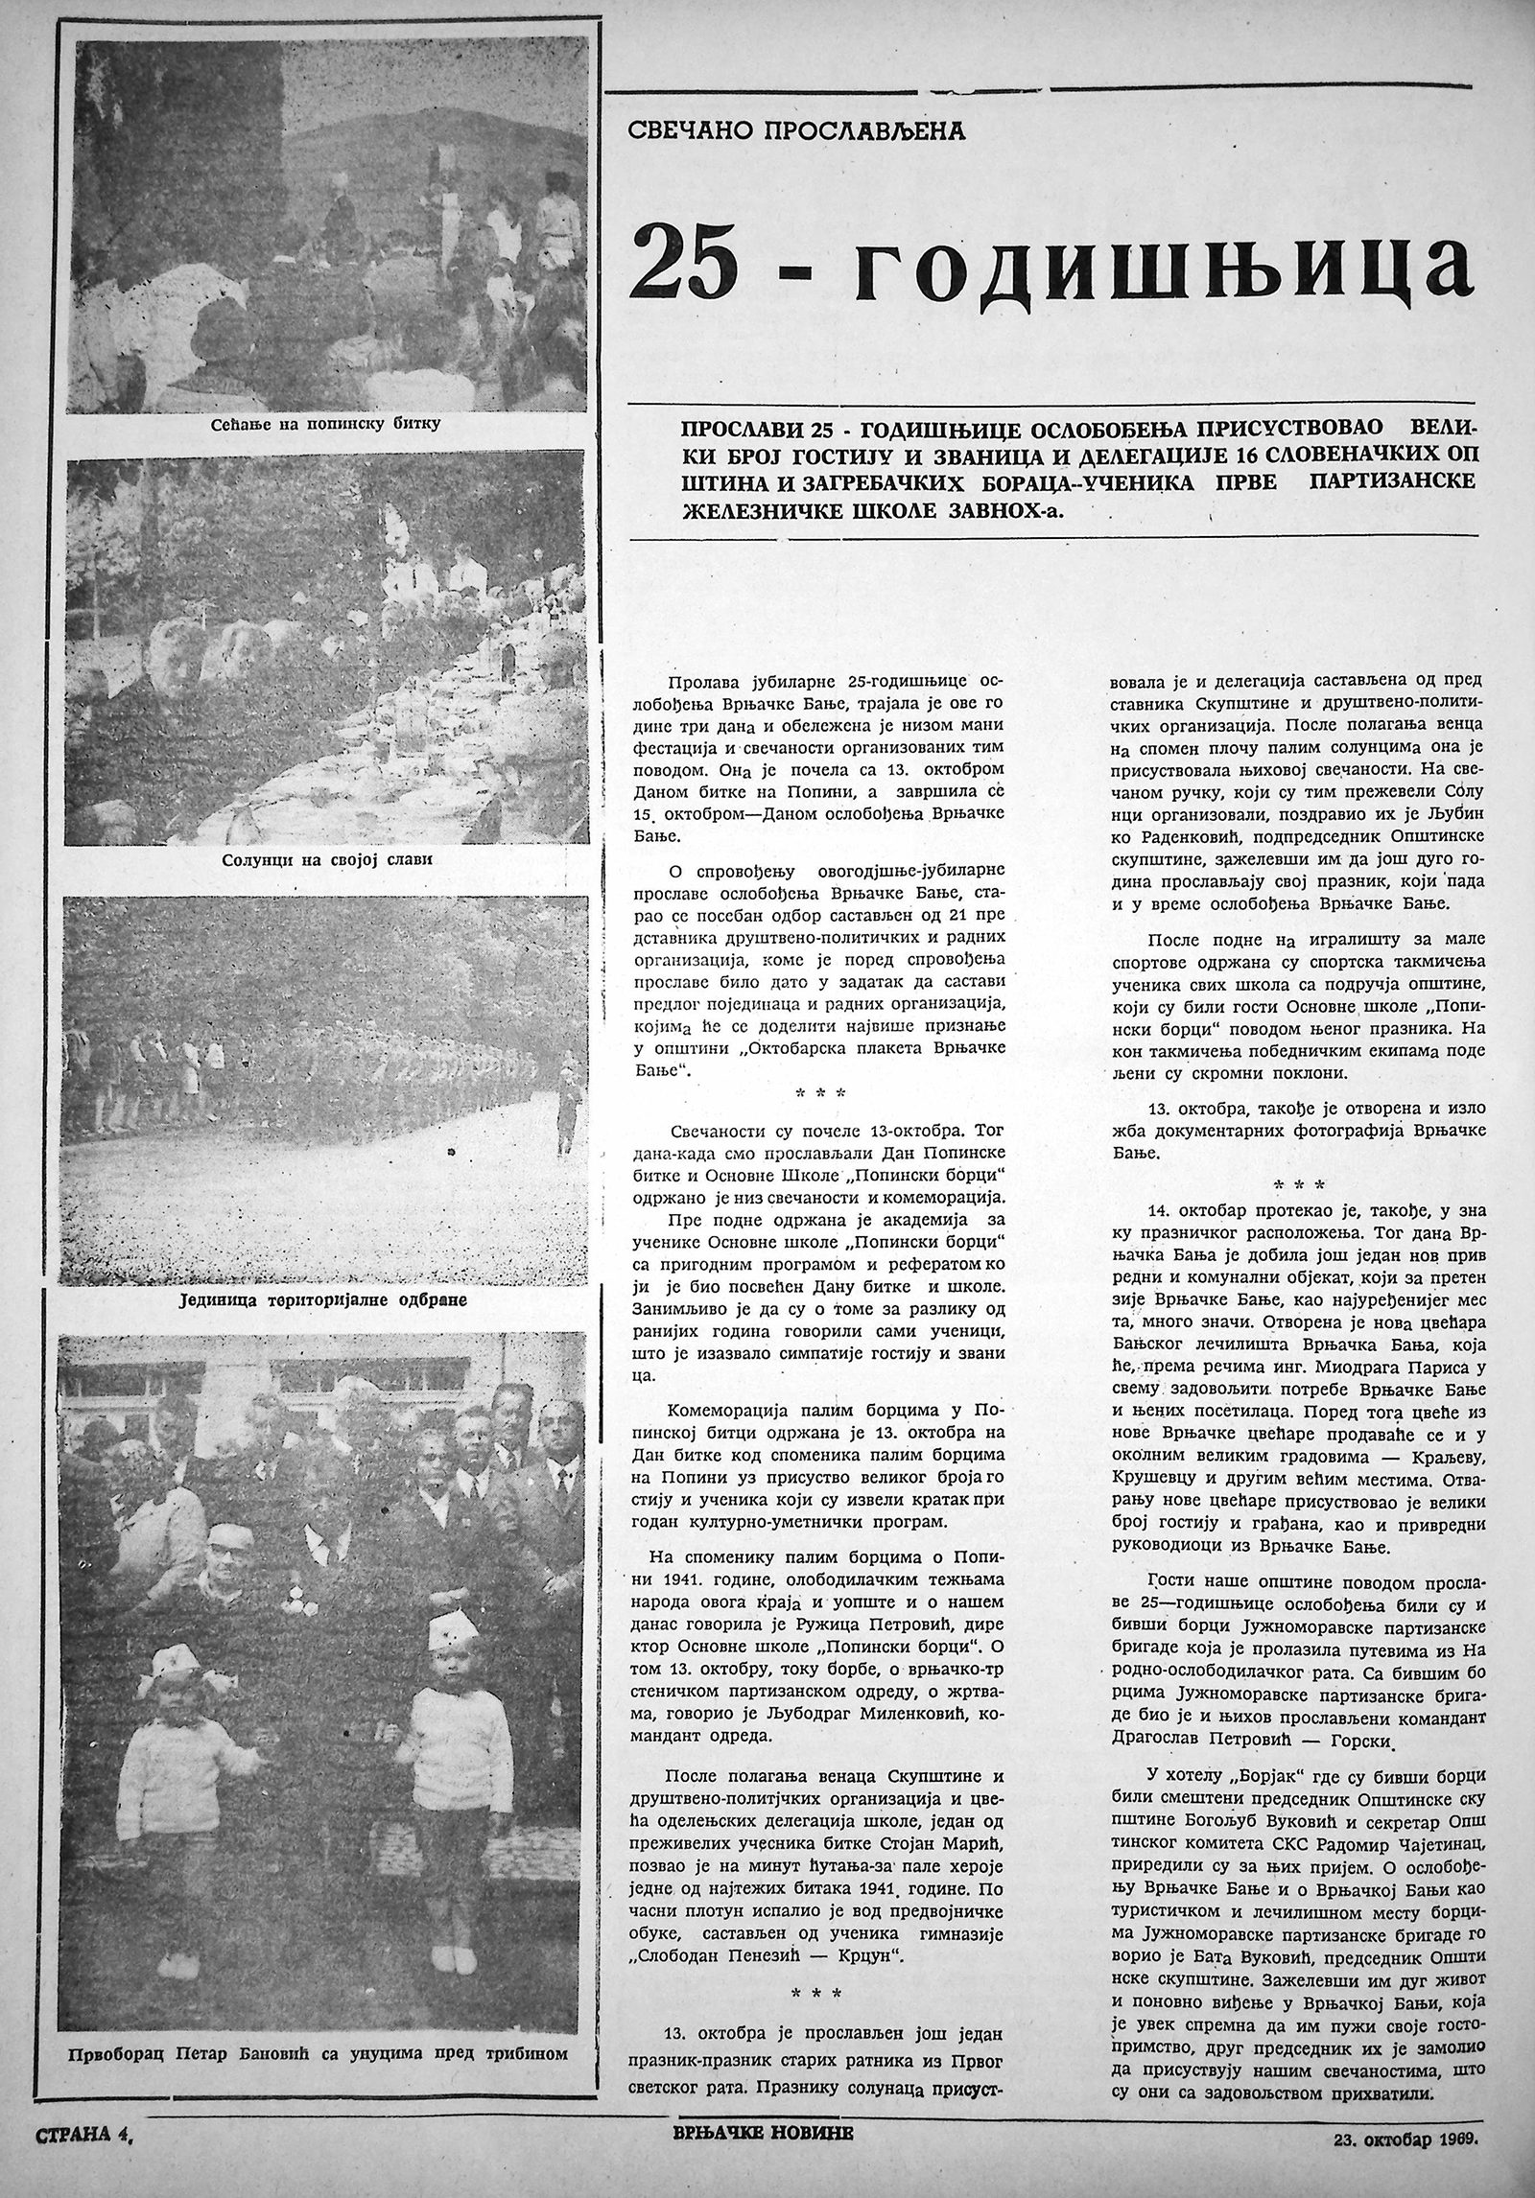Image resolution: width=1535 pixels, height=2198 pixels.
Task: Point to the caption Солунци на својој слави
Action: point(322,859)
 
